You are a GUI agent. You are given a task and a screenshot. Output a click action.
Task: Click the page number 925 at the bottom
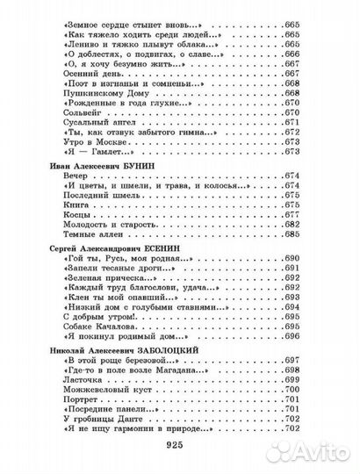(x=179, y=444)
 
